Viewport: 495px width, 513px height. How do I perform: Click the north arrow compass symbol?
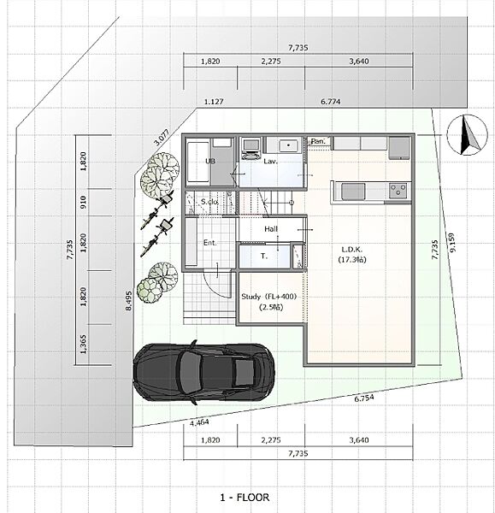click(x=467, y=135)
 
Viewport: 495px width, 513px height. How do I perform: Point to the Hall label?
click(x=271, y=229)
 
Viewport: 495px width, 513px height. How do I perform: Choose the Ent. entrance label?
click(x=209, y=243)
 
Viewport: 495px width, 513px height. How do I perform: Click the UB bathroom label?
click(x=210, y=161)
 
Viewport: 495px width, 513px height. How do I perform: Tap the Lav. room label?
click(x=270, y=162)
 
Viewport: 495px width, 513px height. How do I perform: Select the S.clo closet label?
click(x=209, y=202)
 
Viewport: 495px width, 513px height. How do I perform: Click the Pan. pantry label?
click(x=318, y=141)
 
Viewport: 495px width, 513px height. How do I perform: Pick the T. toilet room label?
click(x=264, y=256)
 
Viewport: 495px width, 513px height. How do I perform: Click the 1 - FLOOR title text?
click(x=245, y=498)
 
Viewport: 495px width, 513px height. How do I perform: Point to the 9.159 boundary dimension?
click(x=453, y=243)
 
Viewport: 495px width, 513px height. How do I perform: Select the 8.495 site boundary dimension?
click(x=129, y=301)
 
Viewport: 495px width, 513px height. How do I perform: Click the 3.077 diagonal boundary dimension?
click(x=162, y=138)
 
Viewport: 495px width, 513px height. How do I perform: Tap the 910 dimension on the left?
click(x=84, y=202)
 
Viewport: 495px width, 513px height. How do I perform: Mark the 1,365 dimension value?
click(x=84, y=345)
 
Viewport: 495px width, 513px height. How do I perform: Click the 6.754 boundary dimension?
click(x=364, y=398)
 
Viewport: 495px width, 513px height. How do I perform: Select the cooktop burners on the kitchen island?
click(x=398, y=190)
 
